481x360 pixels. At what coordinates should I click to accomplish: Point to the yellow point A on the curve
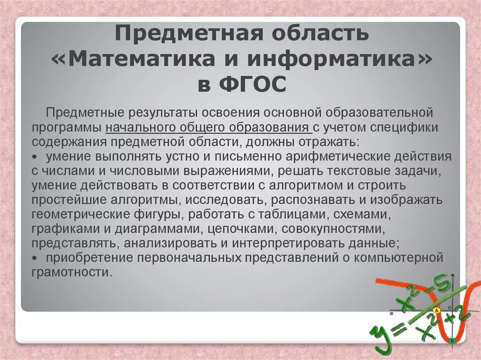click(436, 310)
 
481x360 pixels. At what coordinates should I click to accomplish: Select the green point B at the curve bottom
click(451, 341)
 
